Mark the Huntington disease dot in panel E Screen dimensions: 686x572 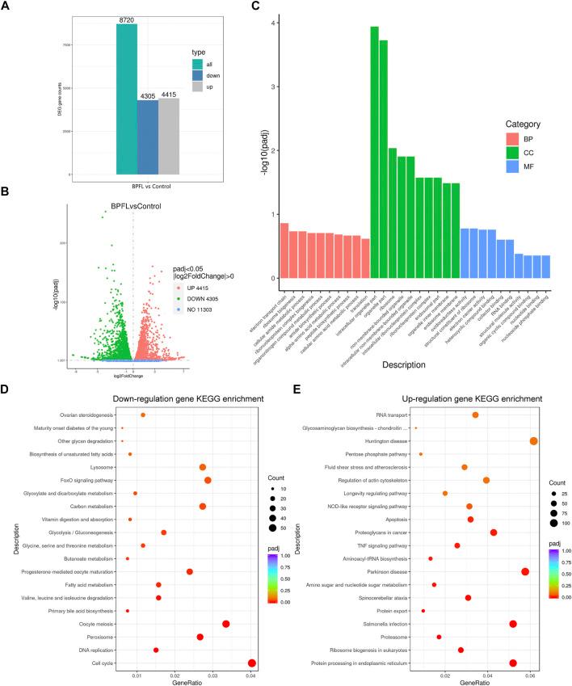pyautogui.click(x=534, y=440)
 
